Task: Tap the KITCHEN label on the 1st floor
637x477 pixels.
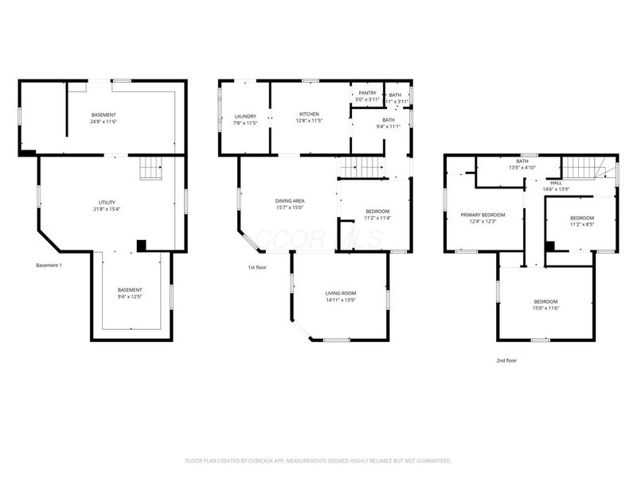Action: (309, 114)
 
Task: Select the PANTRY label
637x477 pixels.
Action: (367, 93)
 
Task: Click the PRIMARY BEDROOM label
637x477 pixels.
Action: (483, 215)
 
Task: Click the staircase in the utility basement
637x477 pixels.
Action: (150, 169)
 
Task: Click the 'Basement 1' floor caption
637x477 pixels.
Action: (50, 265)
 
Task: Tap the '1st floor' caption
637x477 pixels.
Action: (256, 267)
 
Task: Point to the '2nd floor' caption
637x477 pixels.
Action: (506, 360)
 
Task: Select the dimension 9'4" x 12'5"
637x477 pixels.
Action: (130, 297)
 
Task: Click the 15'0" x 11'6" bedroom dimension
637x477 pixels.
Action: (545, 308)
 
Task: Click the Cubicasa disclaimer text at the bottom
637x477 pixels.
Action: (318, 460)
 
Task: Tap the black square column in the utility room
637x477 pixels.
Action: (141, 246)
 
